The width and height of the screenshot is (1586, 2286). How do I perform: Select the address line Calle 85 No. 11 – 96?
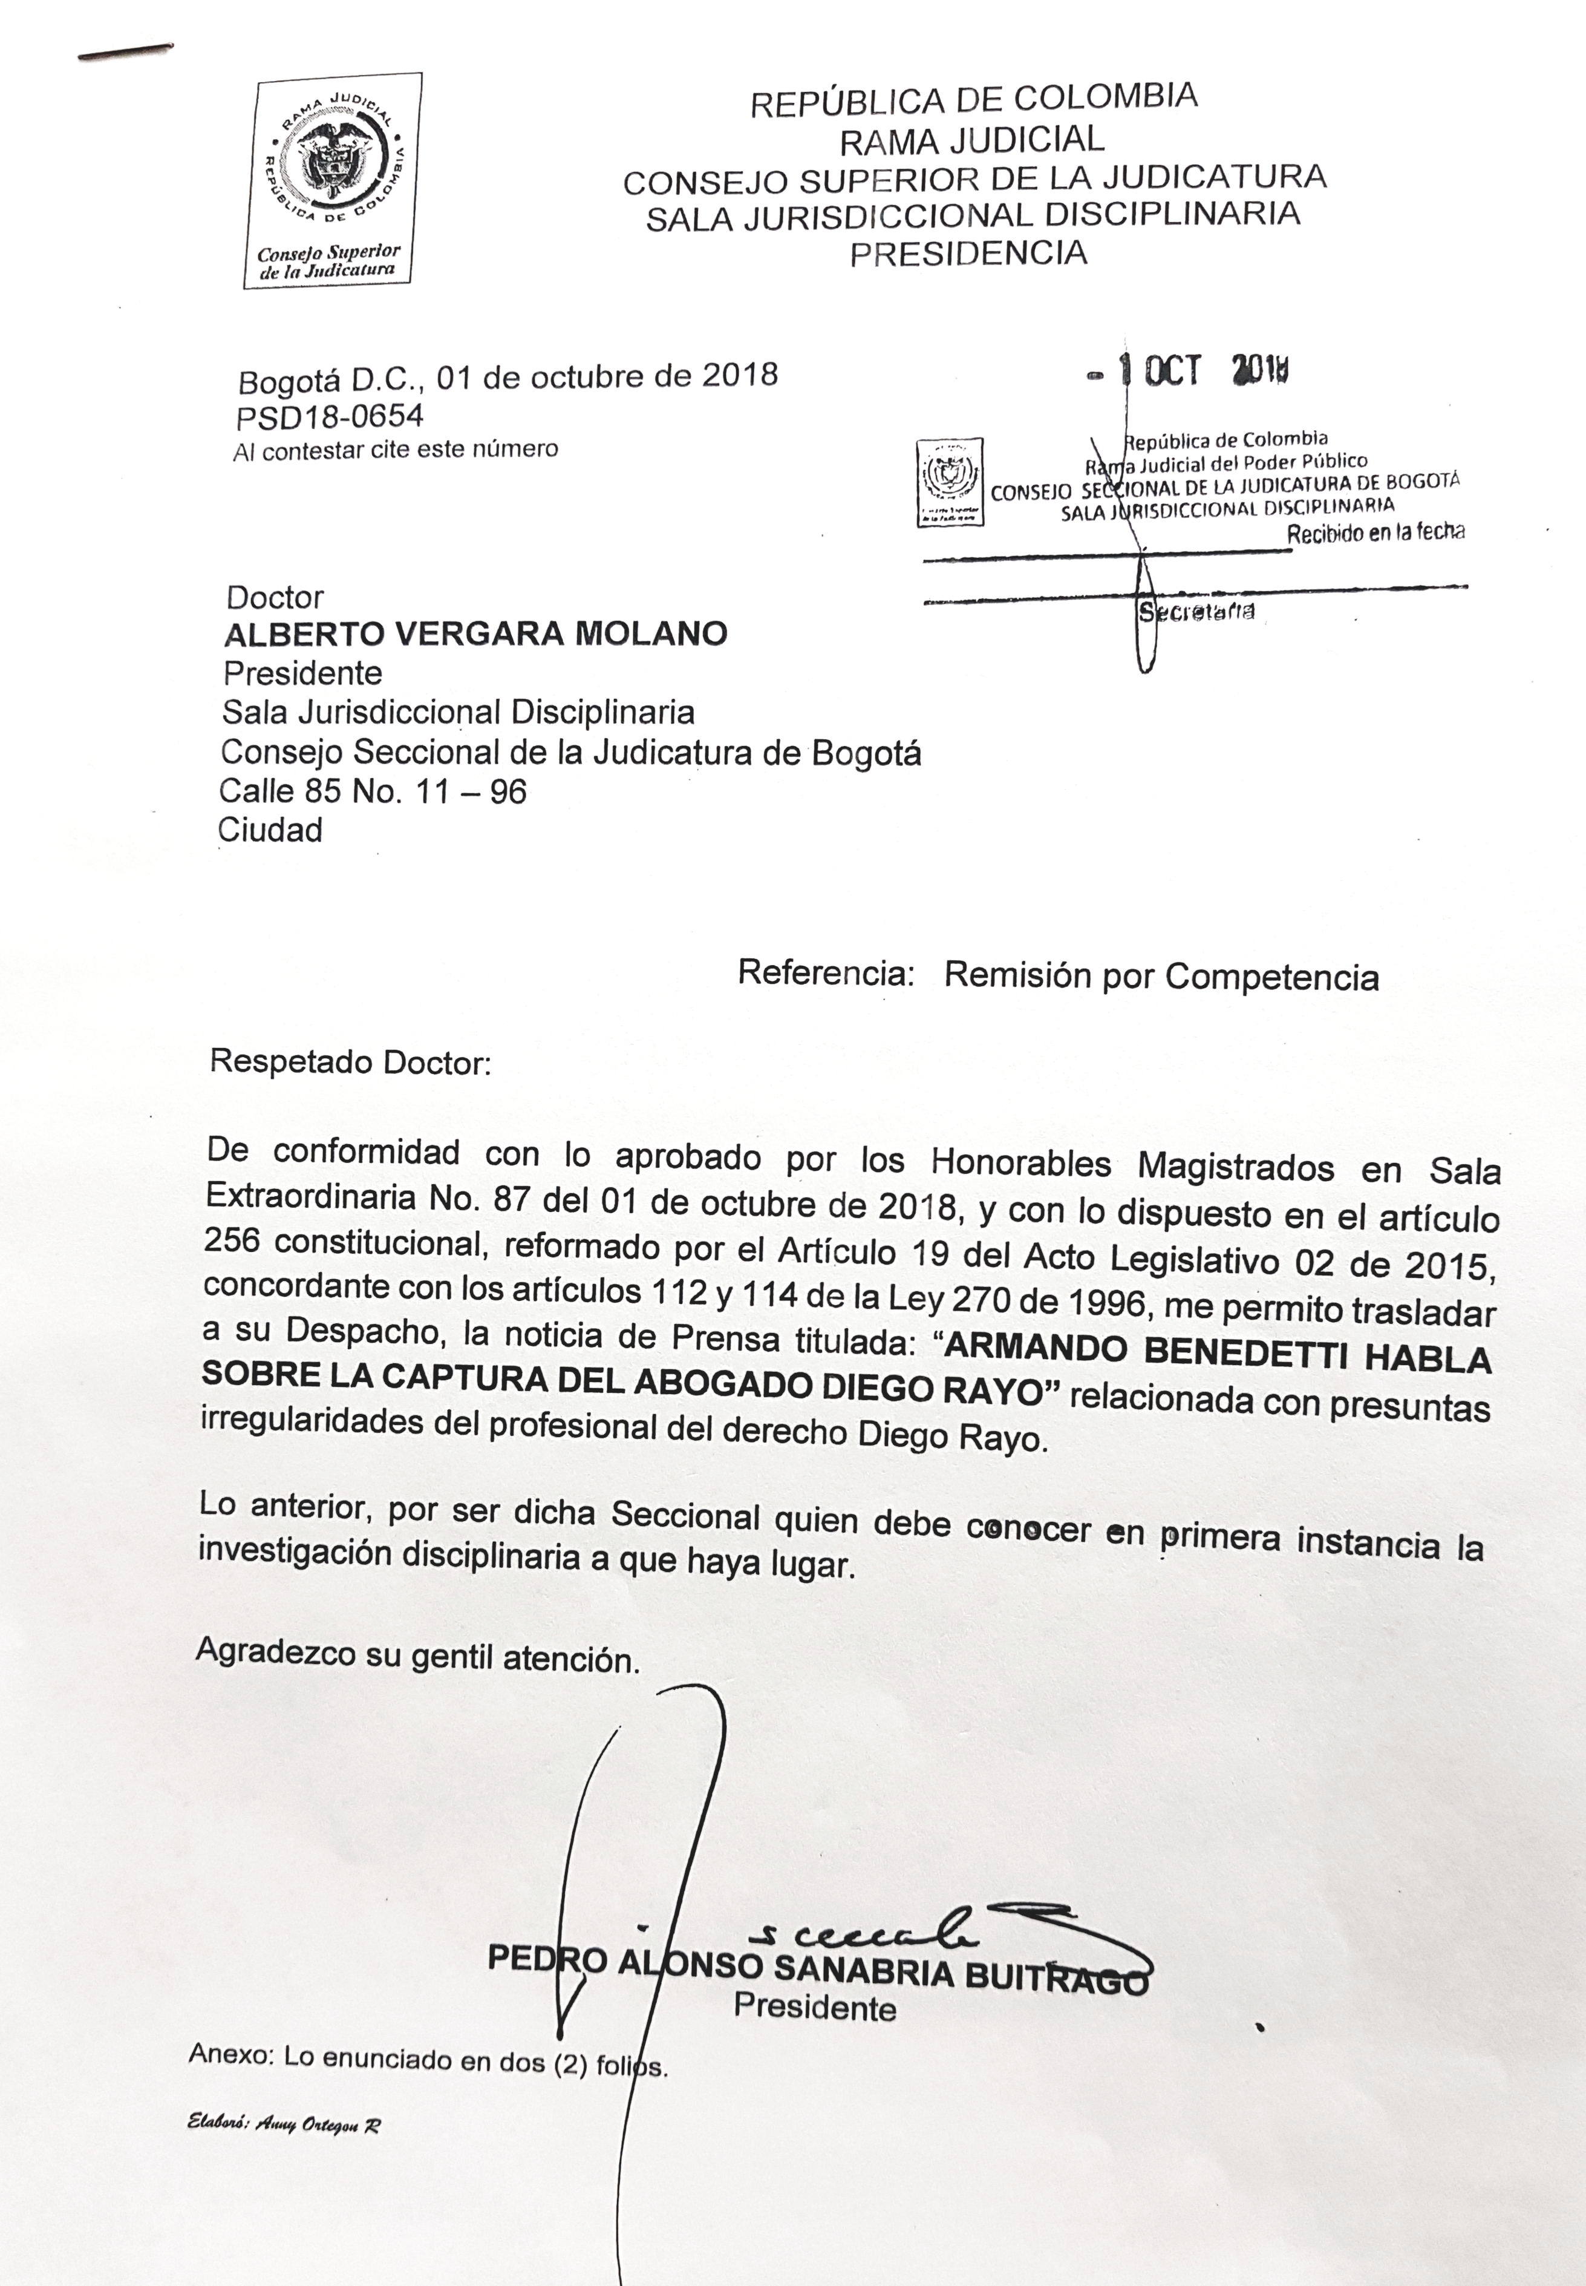pyautogui.click(x=373, y=791)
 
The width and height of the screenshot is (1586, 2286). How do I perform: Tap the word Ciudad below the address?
pyautogui.click(x=270, y=830)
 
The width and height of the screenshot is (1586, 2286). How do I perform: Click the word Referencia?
pyautogui.click(x=825, y=973)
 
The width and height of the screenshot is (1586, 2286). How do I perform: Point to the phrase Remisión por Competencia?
pyautogui.click(x=1161, y=977)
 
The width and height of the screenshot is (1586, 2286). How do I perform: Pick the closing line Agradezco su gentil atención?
pyautogui.click(x=417, y=1656)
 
